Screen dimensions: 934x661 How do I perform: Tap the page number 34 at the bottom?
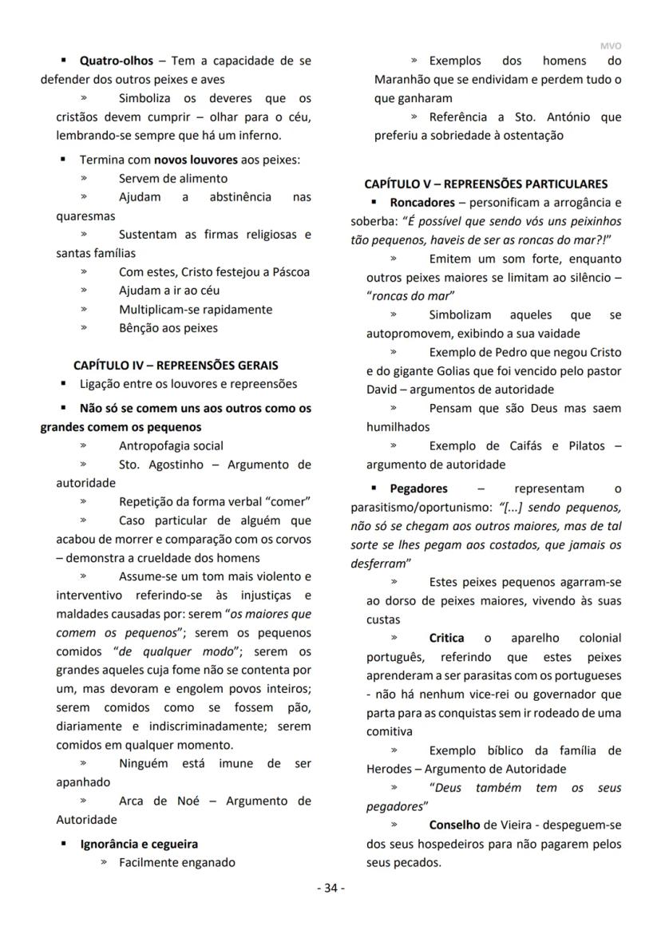[330, 888]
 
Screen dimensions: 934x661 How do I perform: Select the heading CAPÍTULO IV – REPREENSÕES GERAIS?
[176, 365]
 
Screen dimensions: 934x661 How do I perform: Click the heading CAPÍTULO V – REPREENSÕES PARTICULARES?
[485, 184]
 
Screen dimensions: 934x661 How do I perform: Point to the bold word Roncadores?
[422, 203]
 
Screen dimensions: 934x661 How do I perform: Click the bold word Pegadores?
[418, 488]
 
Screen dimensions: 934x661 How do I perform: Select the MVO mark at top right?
[610, 46]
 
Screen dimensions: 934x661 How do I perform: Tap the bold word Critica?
[446, 638]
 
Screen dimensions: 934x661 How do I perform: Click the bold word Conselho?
[454, 825]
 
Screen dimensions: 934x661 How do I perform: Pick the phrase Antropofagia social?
[171, 445]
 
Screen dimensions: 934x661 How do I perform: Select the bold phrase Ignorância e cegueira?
[139, 843]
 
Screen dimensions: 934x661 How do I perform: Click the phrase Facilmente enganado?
[177, 862]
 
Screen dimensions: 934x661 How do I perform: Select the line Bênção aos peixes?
[168, 327]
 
